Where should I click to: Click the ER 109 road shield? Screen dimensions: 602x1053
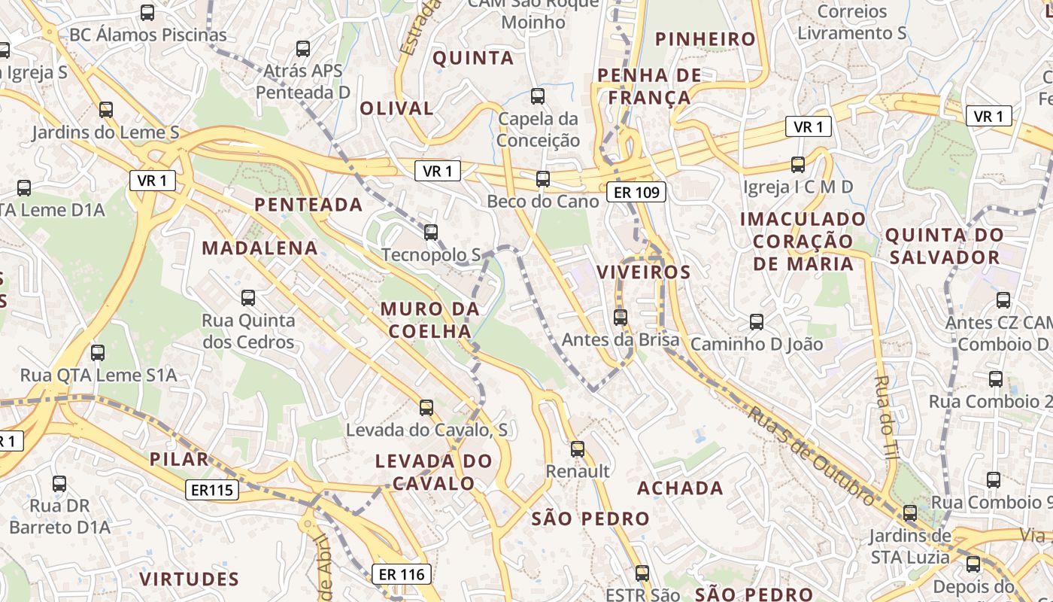coord(636,193)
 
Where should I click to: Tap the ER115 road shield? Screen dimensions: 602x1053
coord(212,491)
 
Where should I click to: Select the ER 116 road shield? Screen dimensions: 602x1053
coord(402,574)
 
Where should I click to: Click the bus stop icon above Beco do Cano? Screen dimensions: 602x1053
coord(542,179)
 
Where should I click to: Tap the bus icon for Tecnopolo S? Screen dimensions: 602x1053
coord(430,233)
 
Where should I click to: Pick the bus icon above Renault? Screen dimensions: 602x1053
coord(577,449)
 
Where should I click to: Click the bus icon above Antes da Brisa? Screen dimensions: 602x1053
coord(620,318)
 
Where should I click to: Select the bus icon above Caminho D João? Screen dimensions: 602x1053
coord(757,322)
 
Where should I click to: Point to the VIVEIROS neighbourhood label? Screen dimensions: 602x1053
coord(643,272)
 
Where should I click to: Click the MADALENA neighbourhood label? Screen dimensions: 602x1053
coord(259,248)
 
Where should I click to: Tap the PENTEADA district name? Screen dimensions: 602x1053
coord(308,205)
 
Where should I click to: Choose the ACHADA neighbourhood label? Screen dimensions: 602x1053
coord(680,488)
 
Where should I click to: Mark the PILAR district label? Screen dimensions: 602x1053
coord(178,460)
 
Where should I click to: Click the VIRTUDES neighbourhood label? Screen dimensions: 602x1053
coord(189,579)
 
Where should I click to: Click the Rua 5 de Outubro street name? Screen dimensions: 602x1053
coord(812,455)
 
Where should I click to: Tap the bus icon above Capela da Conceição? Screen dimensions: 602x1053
coord(537,96)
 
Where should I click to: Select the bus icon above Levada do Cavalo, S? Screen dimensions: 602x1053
coord(426,408)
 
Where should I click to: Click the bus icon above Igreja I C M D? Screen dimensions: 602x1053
coord(797,164)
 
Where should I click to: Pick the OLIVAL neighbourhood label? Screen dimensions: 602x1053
coord(396,108)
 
